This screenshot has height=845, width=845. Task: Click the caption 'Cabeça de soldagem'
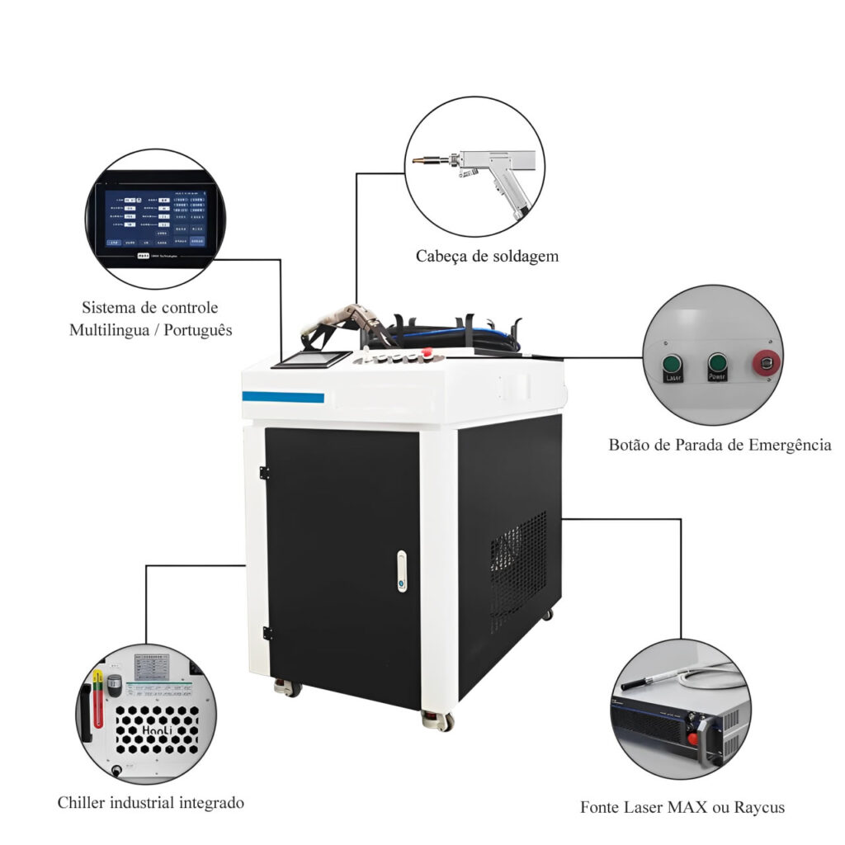pyautogui.click(x=487, y=256)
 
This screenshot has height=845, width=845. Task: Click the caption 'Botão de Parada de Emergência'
pyautogui.click(x=720, y=445)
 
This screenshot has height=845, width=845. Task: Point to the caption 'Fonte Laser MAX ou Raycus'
pyautogui.click(x=682, y=807)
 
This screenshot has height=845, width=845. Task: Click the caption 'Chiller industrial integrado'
pyautogui.click(x=151, y=802)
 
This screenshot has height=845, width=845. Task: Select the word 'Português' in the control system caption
pyautogui.click(x=197, y=330)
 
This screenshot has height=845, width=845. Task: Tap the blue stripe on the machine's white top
pyautogui.click(x=283, y=397)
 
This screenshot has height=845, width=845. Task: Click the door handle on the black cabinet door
pyautogui.click(x=401, y=571)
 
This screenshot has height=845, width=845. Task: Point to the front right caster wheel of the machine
pyautogui.click(x=438, y=720)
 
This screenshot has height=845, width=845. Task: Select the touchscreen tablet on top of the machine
pyautogui.click(x=312, y=360)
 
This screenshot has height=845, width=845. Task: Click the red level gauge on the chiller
pyautogui.click(x=98, y=699)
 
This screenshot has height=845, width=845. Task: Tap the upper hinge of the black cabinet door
pyautogui.click(x=264, y=473)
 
